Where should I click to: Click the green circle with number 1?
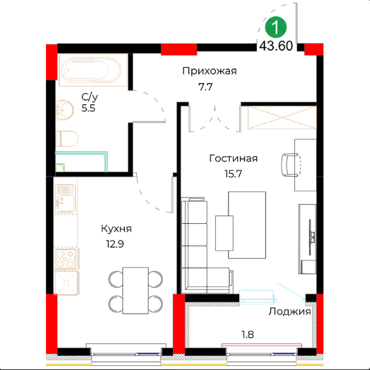click(x=276, y=27)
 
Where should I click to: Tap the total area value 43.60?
click(x=276, y=46)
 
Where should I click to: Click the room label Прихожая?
click(x=209, y=71)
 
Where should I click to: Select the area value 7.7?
click(x=205, y=87)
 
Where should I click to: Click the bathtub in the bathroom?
click(x=93, y=70)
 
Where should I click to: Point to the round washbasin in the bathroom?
click(x=64, y=110)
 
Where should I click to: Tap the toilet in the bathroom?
click(x=67, y=139)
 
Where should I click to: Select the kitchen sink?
click(x=65, y=199)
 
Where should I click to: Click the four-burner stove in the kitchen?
click(x=66, y=259)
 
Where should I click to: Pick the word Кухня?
click(x=116, y=229)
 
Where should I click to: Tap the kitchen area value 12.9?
click(x=115, y=244)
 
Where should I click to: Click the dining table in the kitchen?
click(x=136, y=290)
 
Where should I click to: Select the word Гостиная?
click(x=233, y=158)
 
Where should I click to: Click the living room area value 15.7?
click(x=233, y=174)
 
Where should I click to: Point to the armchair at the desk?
click(x=291, y=165)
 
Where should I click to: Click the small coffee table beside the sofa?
click(x=224, y=233)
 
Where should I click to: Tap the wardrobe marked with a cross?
click(x=282, y=118)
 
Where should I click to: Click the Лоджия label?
click(x=290, y=312)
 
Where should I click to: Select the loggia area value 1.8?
click(x=248, y=335)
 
